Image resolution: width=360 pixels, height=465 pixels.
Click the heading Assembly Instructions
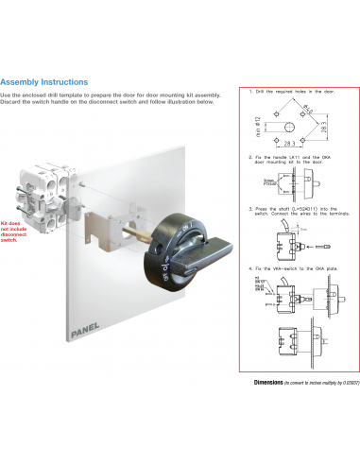point(44,82)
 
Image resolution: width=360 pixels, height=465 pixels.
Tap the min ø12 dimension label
point(259,125)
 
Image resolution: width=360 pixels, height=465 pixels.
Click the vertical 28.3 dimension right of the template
point(324,126)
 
